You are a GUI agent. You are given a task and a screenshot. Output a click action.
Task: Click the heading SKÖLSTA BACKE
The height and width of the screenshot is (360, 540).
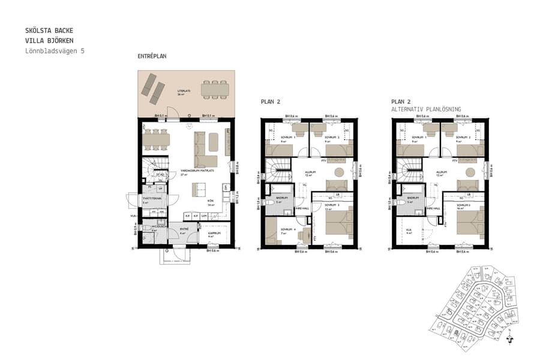[50, 30]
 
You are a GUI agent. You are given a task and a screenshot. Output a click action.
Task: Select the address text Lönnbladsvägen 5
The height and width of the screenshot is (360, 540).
[55, 51]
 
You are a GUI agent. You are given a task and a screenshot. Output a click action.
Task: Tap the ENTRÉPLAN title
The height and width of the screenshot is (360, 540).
[152, 56]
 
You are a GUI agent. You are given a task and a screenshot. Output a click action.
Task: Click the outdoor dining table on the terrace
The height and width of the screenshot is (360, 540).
[215, 90]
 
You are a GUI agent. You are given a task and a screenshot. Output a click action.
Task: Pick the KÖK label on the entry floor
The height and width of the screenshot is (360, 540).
[211, 200]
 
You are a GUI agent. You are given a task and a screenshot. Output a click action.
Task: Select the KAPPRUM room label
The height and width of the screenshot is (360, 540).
[215, 233]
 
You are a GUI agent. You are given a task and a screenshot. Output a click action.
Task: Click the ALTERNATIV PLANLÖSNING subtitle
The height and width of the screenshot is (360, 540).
[425, 109]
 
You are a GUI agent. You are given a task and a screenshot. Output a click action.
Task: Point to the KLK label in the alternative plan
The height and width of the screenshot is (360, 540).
[409, 230]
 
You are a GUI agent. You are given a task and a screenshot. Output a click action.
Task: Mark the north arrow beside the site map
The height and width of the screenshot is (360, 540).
[510, 337]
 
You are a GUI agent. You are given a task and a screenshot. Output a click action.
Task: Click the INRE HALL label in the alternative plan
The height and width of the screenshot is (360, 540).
[433, 208]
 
